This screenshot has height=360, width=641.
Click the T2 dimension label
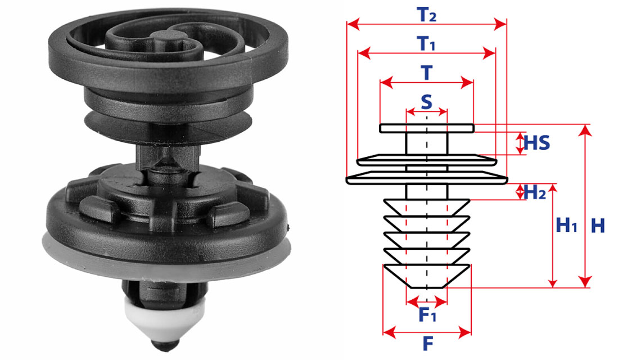pos(426,15)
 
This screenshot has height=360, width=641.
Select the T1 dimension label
pos(426,43)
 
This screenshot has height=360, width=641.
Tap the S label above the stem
pos(426,102)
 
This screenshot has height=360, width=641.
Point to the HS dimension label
pos(537,143)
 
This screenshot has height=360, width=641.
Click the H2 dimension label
pos(535,192)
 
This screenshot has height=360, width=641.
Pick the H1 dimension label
pos(567,225)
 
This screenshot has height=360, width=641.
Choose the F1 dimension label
pos(427,314)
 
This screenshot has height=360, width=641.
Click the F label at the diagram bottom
pos(427,344)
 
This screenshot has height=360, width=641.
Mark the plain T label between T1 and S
pos(426,73)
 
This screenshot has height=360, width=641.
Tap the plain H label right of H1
pos(598,226)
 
